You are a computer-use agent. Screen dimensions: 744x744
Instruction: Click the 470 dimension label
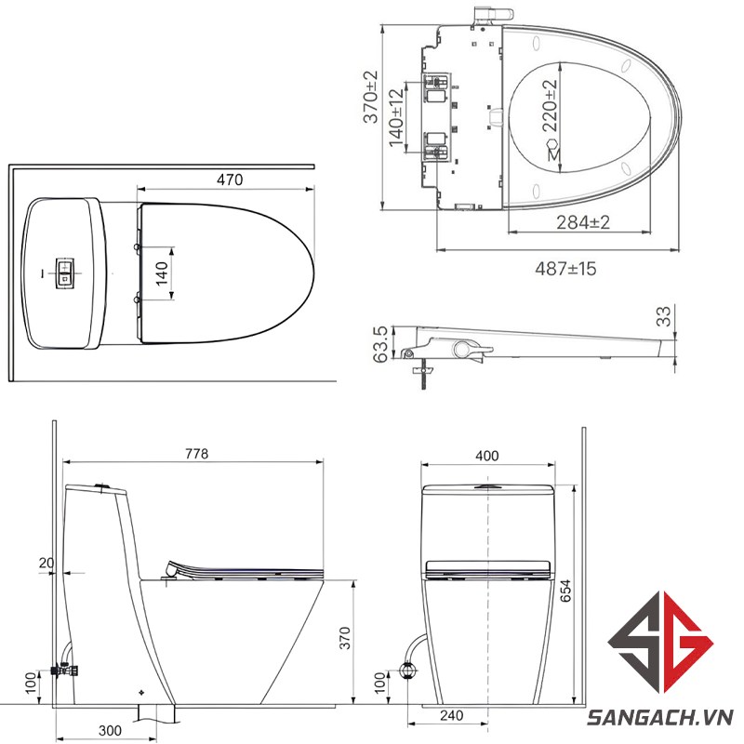coord(230,179)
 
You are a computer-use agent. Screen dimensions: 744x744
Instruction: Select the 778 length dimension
coord(196,454)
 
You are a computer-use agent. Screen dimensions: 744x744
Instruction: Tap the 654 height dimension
coord(565,591)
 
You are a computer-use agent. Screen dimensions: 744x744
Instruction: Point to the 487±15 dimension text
coord(565,269)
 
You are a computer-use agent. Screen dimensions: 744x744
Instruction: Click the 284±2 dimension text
coord(583,222)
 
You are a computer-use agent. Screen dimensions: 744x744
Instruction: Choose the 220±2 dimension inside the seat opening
coord(550,105)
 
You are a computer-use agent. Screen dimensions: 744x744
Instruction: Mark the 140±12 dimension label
coord(396,117)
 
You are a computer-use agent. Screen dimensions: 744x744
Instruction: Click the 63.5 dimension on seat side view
coord(380,344)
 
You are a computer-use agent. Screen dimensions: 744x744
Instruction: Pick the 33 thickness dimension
coord(664,316)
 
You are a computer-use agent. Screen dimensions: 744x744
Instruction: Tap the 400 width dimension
coord(487,456)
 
